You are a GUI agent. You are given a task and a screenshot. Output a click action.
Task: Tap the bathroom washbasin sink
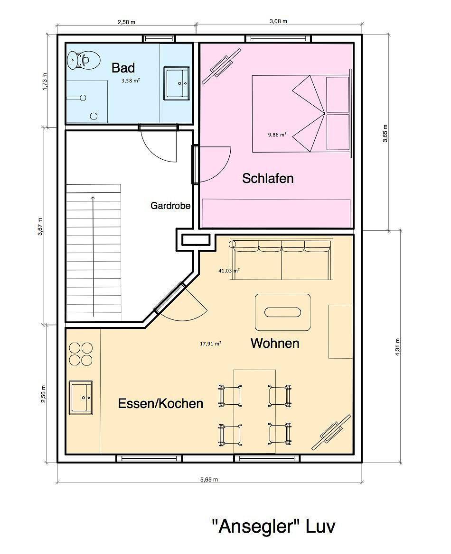[x=177, y=83]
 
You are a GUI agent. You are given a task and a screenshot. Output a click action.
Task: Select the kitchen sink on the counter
[x=81, y=398]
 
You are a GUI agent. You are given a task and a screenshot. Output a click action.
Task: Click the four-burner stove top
[x=81, y=354]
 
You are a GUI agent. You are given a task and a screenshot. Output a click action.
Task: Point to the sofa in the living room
[x=282, y=259]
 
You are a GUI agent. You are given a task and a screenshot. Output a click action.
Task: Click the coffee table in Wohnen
[x=283, y=312]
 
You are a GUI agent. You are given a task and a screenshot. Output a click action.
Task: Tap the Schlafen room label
[x=268, y=178]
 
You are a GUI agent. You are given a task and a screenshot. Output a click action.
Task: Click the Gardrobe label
[x=170, y=206]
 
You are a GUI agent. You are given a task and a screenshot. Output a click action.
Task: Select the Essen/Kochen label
[x=161, y=403]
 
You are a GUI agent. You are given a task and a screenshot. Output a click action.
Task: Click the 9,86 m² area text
[x=277, y=134]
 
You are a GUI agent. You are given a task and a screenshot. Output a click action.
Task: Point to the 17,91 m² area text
[x=211, y=344]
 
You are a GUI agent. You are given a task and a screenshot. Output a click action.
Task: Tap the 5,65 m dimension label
[x=209, y=480]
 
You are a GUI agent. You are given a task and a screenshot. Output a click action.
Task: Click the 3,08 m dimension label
[x=278, y=21]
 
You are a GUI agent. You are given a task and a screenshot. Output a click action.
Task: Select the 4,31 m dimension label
[x=397, y=347]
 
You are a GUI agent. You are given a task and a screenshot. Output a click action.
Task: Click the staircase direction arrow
[x=93, y=256]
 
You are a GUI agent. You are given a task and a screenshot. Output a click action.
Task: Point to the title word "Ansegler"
[x=254, y=527]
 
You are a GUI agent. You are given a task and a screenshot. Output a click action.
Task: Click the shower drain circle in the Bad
[x=94, y=116]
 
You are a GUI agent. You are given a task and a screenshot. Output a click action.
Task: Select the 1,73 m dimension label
[x=45, y=82]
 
